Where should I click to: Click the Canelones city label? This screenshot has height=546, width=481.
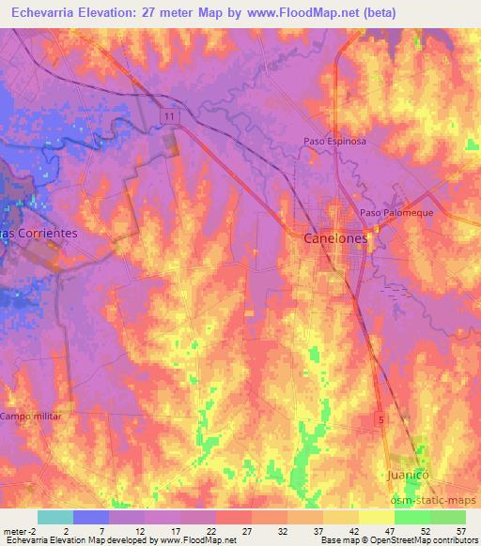(335, 238)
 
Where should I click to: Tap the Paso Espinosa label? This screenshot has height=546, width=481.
(334, 142)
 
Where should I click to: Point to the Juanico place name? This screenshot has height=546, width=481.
(409, 477)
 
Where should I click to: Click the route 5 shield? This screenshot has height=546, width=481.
(381, 417)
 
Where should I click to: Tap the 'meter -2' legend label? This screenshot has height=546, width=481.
(21, 531)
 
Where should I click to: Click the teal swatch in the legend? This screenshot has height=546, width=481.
(55, 517)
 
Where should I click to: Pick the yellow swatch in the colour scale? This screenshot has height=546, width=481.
(377, 517)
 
